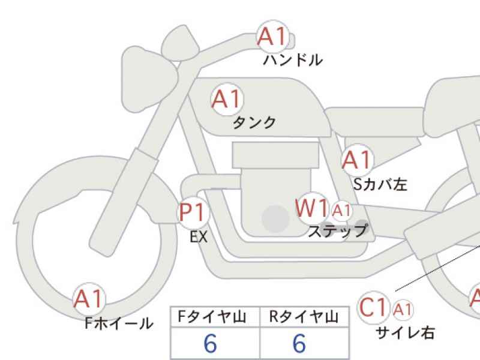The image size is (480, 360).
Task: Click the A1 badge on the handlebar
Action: [272, 37]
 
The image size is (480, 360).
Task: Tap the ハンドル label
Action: [293, 60]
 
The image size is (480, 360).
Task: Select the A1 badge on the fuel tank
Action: [227, 98]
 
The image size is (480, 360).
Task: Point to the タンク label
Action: [254, 122]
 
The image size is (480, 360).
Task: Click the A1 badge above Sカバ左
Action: [357, 160]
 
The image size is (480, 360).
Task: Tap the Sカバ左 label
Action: [380, 184]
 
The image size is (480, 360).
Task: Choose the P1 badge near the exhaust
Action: [193, 212]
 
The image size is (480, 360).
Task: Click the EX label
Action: [199, 236]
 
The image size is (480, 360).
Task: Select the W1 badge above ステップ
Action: [312, 208]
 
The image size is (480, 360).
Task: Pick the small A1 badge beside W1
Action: [341, 211]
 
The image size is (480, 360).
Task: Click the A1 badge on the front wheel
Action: [89, 298]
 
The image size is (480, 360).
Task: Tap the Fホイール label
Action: [119, 323]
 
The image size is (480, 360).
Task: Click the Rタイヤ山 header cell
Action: [304, 317]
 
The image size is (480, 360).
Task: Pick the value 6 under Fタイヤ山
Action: [211, 343]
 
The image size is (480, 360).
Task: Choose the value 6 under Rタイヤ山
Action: [299, 343]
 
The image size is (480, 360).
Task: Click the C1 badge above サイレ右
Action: [373, 307]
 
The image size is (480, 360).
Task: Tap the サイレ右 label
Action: [405, 332]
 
